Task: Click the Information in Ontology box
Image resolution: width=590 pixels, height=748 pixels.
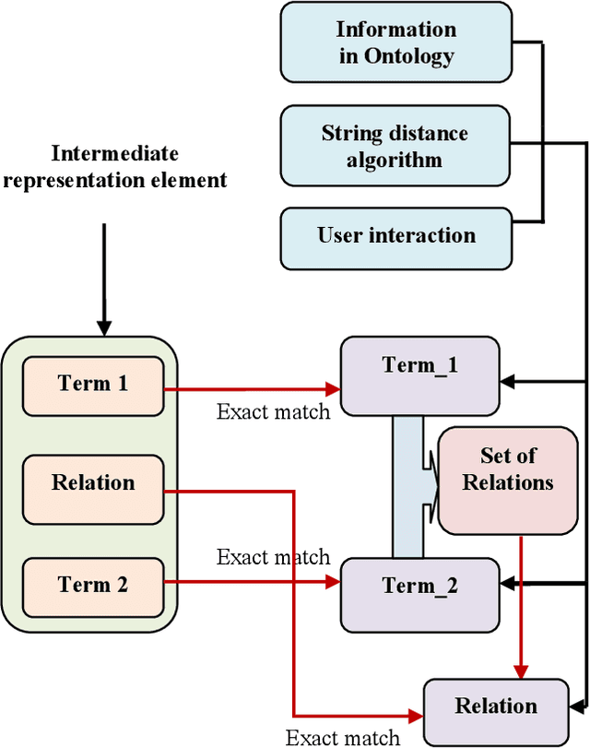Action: coord(395,43)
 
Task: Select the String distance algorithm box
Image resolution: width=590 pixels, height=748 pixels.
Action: coord(395,146)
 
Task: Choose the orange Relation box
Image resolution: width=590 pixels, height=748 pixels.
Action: coord(93,482)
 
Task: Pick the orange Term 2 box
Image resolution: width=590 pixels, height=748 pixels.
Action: coord(93,584)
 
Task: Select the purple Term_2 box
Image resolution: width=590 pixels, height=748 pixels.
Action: coord(419,588)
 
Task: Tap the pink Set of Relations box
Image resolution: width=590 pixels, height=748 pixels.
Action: coord(508,481)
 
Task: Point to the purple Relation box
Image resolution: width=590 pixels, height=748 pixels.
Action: coord(496,706)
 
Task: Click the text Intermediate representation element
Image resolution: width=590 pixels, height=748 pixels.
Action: coord(114,166)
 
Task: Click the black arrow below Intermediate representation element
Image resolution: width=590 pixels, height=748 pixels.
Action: coord(104,277)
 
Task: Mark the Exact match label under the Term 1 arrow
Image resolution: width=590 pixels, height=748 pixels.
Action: coord(273,411)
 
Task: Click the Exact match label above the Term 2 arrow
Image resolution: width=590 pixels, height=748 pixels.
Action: coord(273,556)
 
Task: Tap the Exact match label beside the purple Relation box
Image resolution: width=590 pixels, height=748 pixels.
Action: coord(342,736)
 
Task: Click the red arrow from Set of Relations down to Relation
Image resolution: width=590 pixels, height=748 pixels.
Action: coord(522,609)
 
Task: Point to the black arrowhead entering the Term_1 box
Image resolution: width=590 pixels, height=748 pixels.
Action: coord(506,379)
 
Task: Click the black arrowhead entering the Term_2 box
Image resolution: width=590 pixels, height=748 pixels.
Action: coord(506,584)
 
